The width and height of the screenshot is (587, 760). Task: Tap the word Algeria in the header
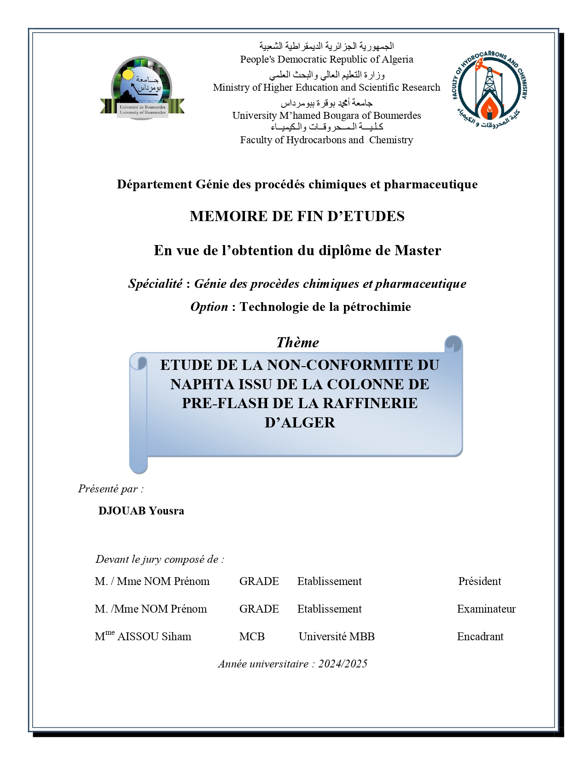pos(396,59)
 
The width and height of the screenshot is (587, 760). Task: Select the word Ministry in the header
pos(231,88)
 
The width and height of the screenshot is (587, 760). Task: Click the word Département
pos(154,184)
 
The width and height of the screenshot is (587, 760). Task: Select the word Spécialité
pos(155,284)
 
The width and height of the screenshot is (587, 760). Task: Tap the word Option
pos(209,307)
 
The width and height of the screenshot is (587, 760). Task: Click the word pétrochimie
pos(377,307)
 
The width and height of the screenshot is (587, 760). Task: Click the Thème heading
pos(297,343)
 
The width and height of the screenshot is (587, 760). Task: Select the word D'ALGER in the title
pos(300,422)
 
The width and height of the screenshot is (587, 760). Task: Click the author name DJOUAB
pos(122,511)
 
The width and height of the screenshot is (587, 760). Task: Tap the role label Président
pos(479,581)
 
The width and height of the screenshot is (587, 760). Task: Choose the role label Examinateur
pos(486,609)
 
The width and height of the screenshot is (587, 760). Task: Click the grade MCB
pos(252,637)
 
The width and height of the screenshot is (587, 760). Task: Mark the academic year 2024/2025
pos(343,664)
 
